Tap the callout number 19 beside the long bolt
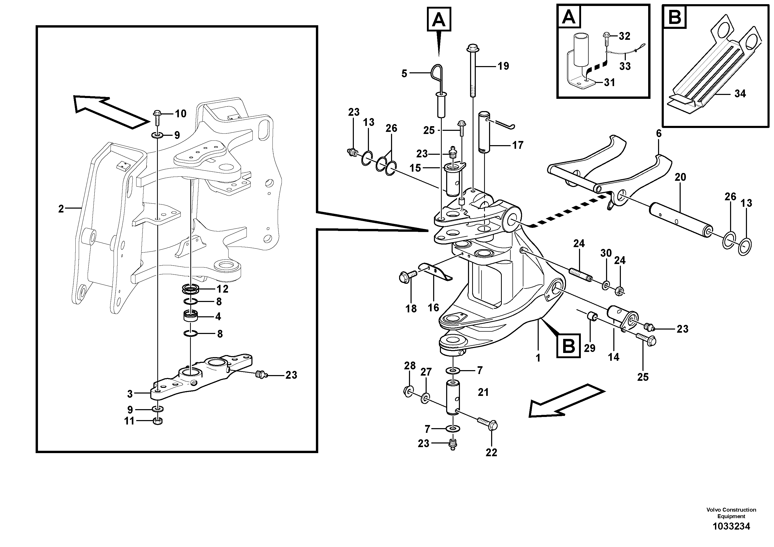tap(503, 66)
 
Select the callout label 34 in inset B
tap(740, 93)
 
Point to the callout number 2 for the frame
tap(61, 209)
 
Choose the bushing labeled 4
tap(191, 316)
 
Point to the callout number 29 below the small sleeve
tap(590, 348)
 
